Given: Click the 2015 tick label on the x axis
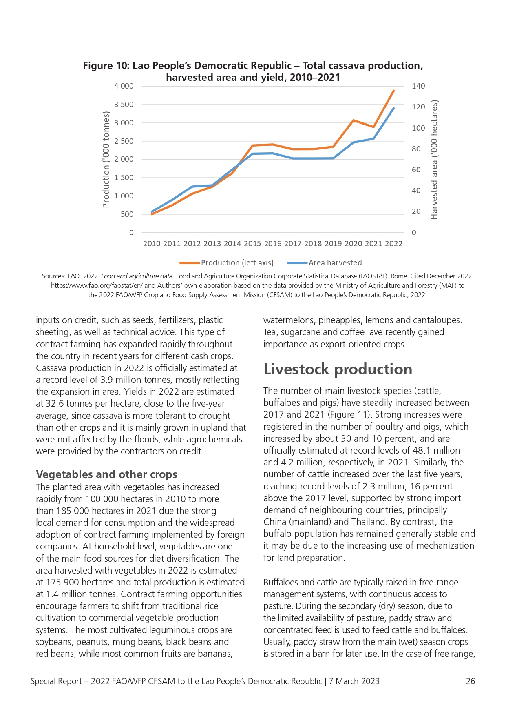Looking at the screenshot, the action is coord(252,244).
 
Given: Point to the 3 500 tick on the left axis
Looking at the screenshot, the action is coord(124,105).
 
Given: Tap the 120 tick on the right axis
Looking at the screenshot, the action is coord(418,107).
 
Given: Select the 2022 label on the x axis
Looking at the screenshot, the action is coord(394,244).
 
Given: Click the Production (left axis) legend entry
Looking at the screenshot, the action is coord(227,263).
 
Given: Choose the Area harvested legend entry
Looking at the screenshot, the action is coord(325,263).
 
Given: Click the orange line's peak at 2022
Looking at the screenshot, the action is coord(393,91).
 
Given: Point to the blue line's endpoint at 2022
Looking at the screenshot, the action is coord(393,108).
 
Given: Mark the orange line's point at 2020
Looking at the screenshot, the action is coord(353,120).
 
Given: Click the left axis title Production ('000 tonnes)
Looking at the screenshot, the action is coord(106,160).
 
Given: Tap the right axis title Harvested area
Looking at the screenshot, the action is coord(434,160).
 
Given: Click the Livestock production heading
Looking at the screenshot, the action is coord(338,369).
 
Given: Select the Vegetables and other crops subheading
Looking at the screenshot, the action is coord(106,474).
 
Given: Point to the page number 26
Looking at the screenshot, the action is coord(471,681).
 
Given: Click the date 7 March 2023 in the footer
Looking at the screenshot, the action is coord(354,681).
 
